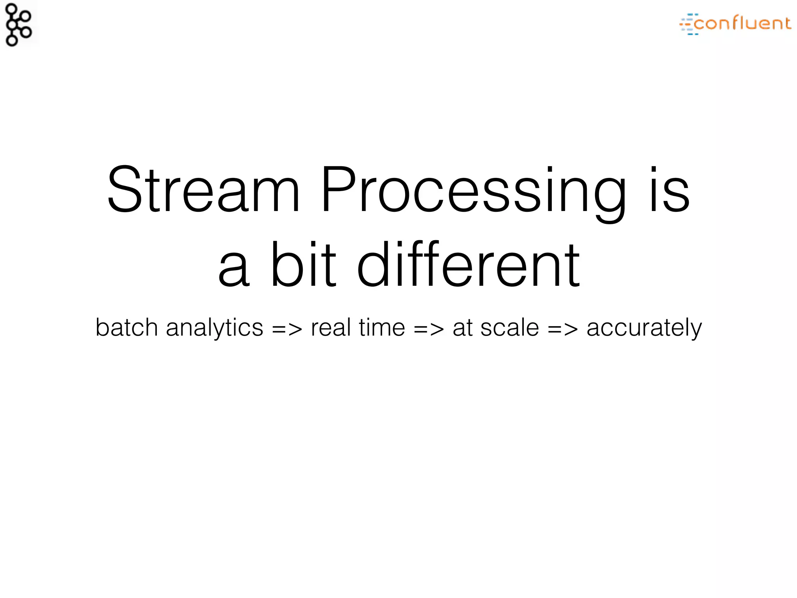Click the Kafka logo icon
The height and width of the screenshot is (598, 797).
click(19, 24)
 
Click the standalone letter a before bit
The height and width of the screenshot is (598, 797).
click(233, 269)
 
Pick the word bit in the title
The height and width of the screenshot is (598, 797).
click(303, 265)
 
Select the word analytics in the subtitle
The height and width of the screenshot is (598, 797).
click(214, 328)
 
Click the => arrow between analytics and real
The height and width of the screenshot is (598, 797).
click(287, 329)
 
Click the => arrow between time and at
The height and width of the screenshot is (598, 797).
click(428, 329)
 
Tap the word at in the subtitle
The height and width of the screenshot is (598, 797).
click(462, 328)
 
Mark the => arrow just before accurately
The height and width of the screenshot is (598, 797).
click(563, 329)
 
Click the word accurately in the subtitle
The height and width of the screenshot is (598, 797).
click(644, 328)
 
